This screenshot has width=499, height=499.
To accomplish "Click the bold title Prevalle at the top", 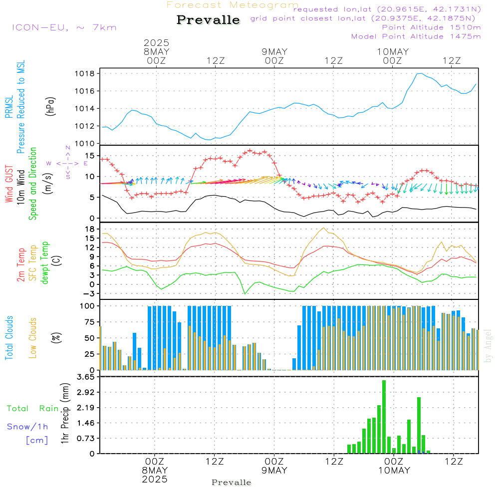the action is point(208,20).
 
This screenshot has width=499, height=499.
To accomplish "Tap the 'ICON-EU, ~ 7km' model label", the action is point(64,27).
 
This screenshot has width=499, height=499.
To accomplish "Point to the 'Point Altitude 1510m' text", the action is point(431,27).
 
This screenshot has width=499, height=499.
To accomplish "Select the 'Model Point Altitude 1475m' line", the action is point(416,36).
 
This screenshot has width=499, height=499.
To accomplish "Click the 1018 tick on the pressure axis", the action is point(85,74).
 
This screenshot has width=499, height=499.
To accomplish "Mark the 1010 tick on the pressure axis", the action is point(85,144).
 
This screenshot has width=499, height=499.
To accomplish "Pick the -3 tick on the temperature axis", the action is point(88,293).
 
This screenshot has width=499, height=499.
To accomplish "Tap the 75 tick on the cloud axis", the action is point(90,322).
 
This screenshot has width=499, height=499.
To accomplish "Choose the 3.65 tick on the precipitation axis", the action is point(86,377).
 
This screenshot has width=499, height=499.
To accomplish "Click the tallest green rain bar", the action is point(384,417).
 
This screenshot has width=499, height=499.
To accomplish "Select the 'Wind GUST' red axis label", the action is point(9,184).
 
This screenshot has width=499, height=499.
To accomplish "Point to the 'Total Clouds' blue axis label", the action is point(9,338).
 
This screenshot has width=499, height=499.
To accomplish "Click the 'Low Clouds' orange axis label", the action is point(33,338).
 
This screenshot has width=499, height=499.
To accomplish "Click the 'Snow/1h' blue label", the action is point(27,427).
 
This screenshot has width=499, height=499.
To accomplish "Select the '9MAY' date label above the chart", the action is point(274,51).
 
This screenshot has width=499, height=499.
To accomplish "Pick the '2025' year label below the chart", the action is point(155,479).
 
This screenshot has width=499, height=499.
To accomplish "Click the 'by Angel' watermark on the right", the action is point(488,346).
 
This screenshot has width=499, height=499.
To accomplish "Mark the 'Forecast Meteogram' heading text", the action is point(233,5).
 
